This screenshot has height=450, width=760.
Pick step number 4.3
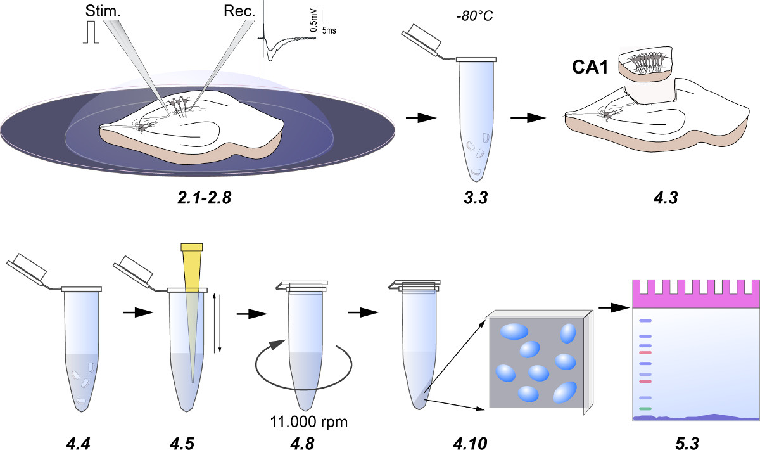(x=664, y=199)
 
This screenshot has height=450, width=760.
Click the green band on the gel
(x=645, y=409)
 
